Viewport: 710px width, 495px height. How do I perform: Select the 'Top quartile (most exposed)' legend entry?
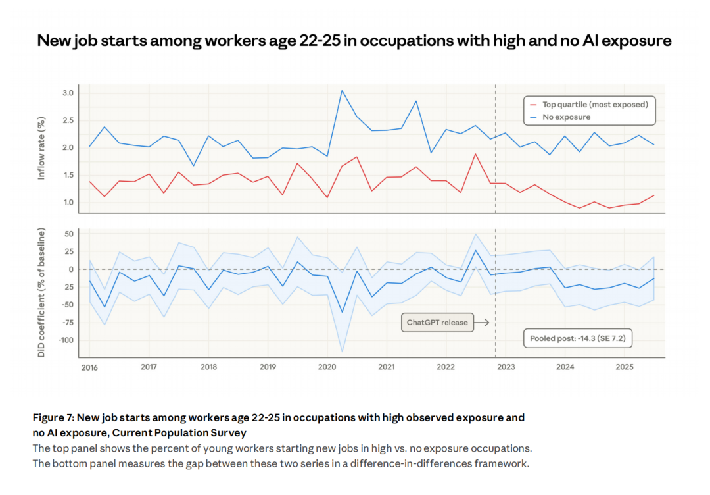click(594, 104)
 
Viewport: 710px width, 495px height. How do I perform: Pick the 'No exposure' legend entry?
click(566, 117)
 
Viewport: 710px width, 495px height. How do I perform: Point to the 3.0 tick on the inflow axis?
click(68, 93)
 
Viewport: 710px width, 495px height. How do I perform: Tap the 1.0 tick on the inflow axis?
click(68, 202)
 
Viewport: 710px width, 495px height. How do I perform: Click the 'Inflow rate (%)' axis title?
click(41, 148)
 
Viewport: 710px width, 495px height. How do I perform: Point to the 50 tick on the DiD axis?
click(68, 234)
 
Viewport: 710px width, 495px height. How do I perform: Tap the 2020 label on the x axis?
click(327, 367)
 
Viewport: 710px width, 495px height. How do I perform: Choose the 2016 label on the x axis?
click(89, 367)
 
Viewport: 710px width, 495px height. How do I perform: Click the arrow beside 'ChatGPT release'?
click(482, 323)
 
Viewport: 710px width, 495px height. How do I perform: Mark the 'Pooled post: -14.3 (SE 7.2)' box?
click(577, 339)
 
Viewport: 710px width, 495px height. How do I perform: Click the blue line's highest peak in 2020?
click(342, 91)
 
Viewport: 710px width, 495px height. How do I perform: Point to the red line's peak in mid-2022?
click(475, 154)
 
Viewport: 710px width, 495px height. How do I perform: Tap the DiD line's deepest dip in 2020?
click(342, 312)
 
